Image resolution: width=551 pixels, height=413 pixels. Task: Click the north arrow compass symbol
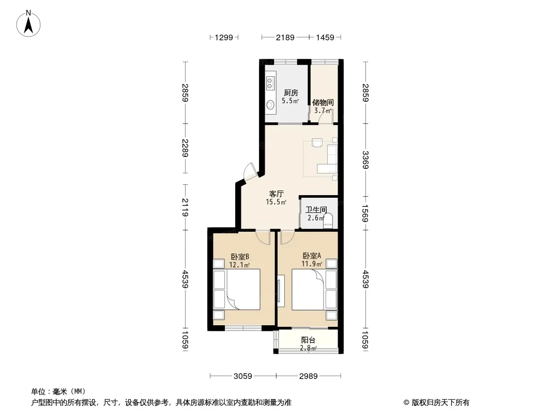point(28,24)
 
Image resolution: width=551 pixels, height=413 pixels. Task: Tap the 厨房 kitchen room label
point(291,92)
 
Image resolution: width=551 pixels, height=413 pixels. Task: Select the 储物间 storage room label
point(323,102)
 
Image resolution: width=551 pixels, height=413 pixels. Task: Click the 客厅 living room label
point(276,194)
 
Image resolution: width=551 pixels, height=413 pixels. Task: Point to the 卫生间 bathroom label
point(316,210)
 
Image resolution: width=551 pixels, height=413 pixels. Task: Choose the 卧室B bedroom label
point(240,257)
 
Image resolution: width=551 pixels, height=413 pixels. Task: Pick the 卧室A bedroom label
point(312,256)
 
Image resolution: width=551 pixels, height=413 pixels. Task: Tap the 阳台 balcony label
point(308,340)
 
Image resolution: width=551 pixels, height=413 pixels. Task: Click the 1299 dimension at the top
point(224,37)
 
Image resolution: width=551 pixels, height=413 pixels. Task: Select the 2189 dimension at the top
point(285,37)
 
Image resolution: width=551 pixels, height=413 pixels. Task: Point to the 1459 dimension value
point(325,37)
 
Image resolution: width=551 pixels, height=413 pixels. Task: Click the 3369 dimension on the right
point(365,160)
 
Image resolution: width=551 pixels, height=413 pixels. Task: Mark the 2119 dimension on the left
point(185,208)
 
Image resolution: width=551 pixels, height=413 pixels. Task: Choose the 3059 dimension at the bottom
point(243,376)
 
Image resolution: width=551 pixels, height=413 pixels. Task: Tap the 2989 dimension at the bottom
point(308,376)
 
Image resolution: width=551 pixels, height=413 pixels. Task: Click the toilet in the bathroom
point(328,221)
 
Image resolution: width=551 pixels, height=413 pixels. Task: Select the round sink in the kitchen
point(270,105)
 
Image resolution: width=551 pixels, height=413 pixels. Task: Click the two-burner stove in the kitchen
point(270,83)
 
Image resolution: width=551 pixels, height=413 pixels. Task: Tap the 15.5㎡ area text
point(276,202)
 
